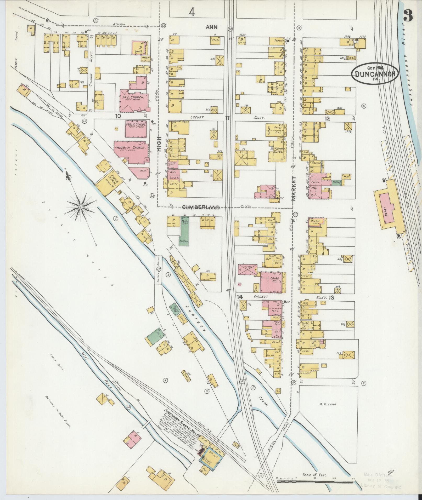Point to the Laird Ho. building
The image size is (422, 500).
[271, 281]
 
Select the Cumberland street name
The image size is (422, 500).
[201, 207]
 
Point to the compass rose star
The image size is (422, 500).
[81, 207]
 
